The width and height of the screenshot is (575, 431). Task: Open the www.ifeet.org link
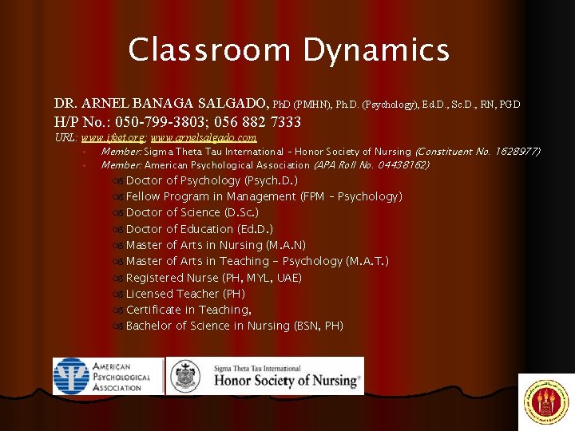pyautogui.click(x=115, y=138)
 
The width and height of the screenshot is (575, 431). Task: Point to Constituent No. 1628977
pyautogui.click(x=478, y=152)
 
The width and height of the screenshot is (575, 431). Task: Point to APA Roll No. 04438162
pyautogui.click(x=371, y=165)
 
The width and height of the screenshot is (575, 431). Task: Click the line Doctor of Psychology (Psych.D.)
pyautogui.click(x=212, y=180)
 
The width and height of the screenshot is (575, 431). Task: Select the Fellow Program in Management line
pyautogui.click(x=264, y=196)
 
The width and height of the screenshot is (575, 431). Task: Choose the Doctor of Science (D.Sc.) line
pyautogui.click(x=192, y=212)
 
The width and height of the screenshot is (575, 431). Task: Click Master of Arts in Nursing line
pyautogui.click(x=216, y=245)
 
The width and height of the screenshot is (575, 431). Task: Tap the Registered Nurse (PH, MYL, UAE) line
pyautogui.click(x=213, y=278)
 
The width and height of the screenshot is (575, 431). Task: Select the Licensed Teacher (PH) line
pyautogui.click(x=185, y=294)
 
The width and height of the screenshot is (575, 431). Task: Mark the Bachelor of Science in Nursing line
pyautogui.click(x=234, y=326)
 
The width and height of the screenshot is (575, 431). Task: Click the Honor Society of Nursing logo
pyautogui.click(x=264, y=376)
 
